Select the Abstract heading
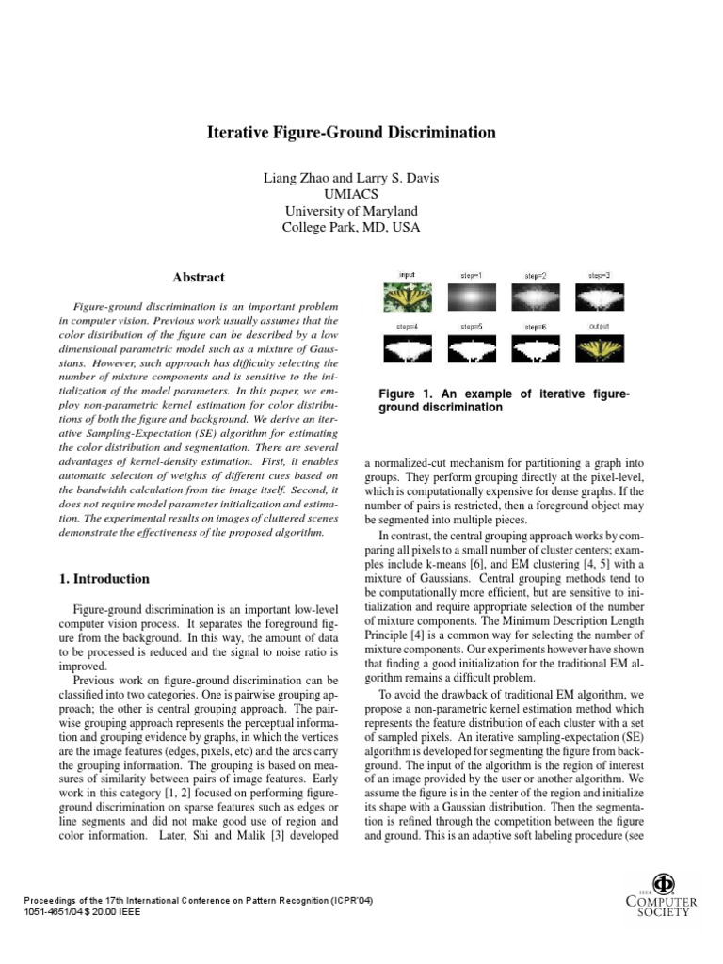click(x=199, y=277)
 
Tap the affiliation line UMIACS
click(x=351, y=194)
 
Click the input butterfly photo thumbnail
click(x=407, y=298)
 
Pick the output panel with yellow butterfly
click(x=600, y=349)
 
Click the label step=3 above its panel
click(x=600, y=275)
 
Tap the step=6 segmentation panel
click(x=535, y=349)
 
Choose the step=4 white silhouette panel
click(x=407, y=349)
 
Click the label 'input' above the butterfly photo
click(x=407, y=275)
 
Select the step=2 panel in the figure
click(x=535, y=298)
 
